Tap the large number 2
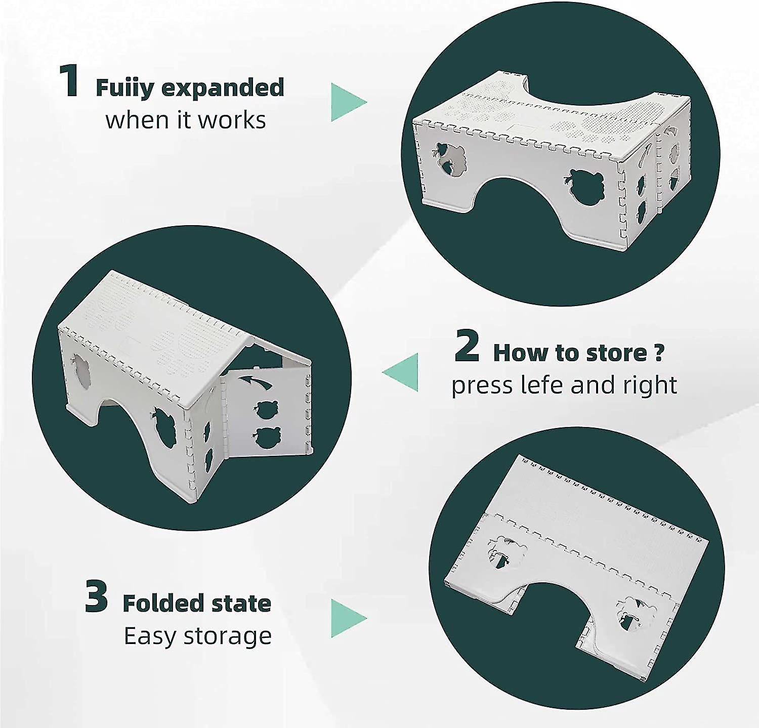[467, 346]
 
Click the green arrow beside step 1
[348, 102]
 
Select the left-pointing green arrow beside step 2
[400, 372]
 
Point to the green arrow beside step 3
[349, 618]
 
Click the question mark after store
[658, 352]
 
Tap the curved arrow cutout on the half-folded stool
[256, 381]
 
